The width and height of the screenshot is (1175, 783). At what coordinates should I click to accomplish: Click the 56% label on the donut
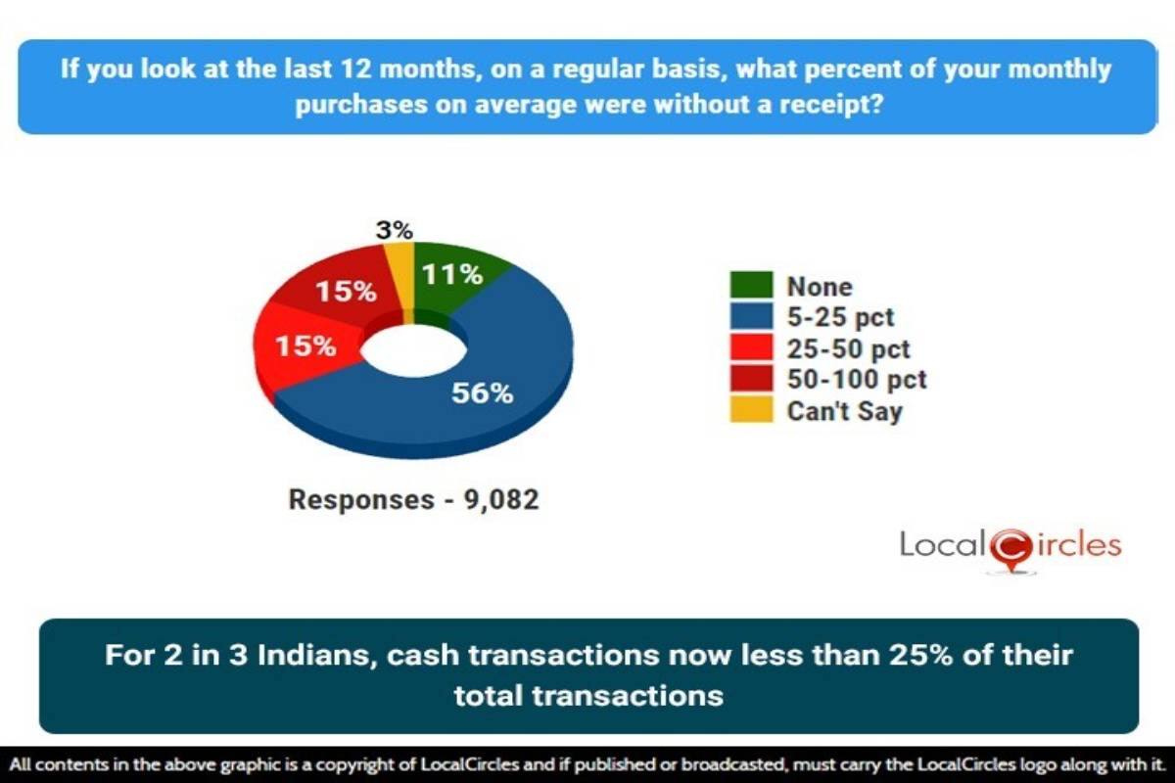(x=482, y=393)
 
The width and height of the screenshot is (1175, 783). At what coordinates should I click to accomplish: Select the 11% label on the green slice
(x=452, y=274)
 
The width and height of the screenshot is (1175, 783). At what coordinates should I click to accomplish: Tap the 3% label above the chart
(x=395, y=230)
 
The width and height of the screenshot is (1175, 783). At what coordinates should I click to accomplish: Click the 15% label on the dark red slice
(x=347, y=291)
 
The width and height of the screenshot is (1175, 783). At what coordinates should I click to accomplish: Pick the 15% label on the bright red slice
(x=305, y=346)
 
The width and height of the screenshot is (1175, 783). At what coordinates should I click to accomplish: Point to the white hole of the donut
(x=413, y=350)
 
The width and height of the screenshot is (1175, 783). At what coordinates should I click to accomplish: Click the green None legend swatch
(x=751, y=285)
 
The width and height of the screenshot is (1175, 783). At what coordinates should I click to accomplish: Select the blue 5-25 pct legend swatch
(x=751, y=316)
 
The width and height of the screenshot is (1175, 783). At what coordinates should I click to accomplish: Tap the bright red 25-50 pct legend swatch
(x=751, y=347)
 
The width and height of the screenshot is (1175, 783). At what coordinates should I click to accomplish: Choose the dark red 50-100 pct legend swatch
(x=751, y=378)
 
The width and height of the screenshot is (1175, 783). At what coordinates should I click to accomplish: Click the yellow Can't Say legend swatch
(x=751, y=409)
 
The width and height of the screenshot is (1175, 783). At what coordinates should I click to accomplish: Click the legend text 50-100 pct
(x=857, y=380)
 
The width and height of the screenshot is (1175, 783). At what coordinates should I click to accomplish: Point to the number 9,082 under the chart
(x=501, y=499)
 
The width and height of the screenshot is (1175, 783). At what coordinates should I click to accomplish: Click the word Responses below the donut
(x=362, y=499)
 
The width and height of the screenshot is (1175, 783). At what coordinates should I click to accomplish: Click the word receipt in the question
(x=831, y=105)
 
